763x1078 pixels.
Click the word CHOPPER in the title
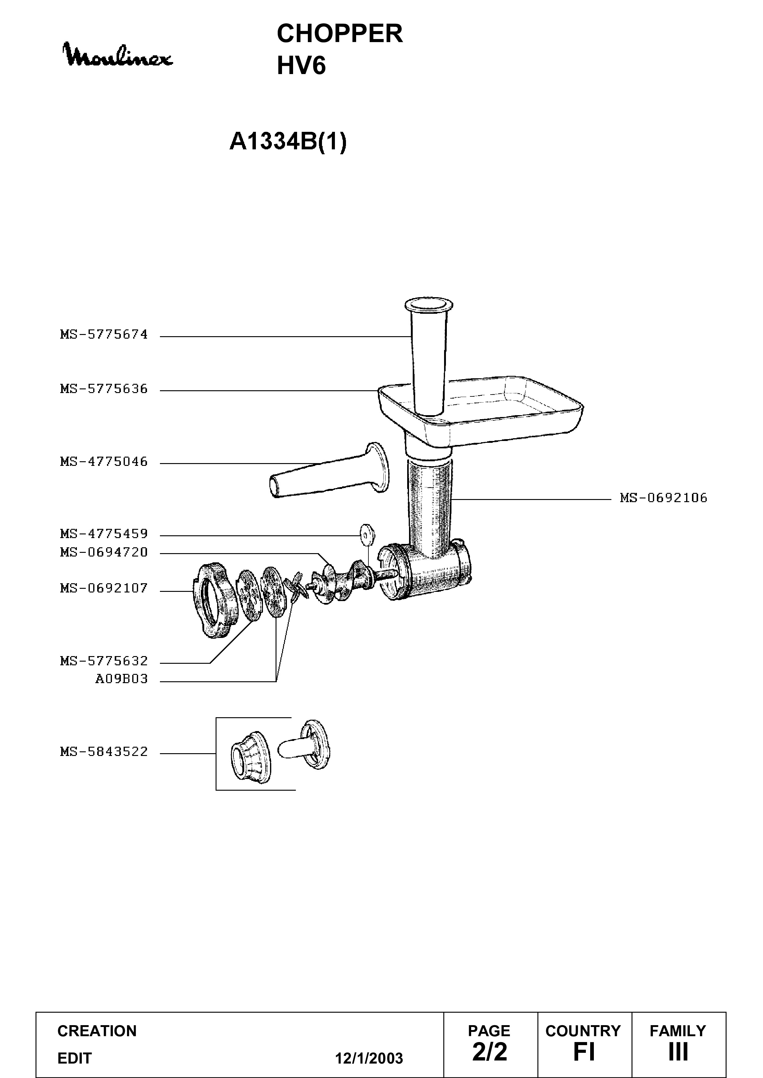(340, 34)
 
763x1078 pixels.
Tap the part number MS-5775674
(104, 335)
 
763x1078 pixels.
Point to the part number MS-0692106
(663, 498)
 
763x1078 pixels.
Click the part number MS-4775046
(104, 462)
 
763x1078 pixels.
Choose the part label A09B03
(122, 679)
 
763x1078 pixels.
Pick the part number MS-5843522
(104, 752)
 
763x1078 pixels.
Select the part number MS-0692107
(104, 588)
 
